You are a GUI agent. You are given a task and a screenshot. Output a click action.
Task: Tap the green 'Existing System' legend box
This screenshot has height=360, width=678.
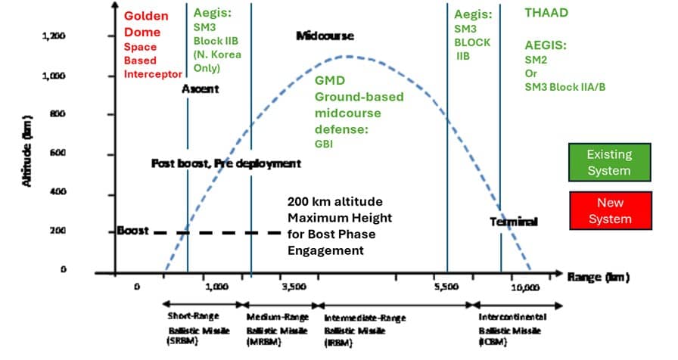[609, 162]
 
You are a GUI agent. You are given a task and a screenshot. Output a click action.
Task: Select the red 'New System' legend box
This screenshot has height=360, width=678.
[609, 211]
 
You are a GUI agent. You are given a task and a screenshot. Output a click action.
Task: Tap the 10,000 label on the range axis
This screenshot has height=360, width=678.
[525, 287]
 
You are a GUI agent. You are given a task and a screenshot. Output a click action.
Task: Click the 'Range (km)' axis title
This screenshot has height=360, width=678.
[599, 278]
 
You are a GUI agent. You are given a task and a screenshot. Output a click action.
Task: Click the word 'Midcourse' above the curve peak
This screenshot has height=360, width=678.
[325, 36]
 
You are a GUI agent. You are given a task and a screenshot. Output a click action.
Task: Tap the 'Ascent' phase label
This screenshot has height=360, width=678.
[201, 88]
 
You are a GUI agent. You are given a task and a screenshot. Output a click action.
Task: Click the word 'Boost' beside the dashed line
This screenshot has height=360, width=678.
[132, 230]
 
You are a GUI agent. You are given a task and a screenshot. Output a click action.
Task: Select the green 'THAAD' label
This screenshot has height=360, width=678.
[547, 13]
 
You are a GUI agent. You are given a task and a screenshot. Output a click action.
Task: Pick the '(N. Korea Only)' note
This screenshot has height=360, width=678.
[209, 61]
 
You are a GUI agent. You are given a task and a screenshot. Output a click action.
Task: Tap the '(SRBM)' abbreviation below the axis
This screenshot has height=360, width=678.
[180, 342]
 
